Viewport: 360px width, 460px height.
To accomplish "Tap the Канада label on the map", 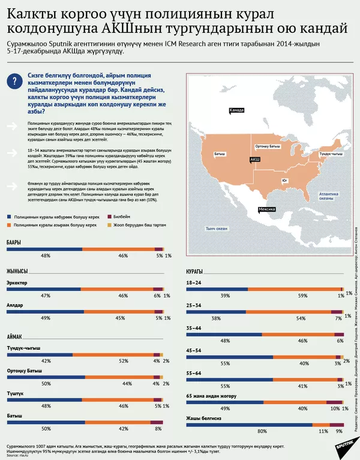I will [x=237, y=110].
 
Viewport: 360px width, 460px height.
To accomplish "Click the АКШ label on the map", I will [x=254, y=159].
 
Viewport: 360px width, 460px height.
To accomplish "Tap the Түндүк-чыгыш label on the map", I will [x=330, y=154].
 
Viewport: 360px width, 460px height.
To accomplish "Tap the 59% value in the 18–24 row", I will [x=303, y=296].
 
